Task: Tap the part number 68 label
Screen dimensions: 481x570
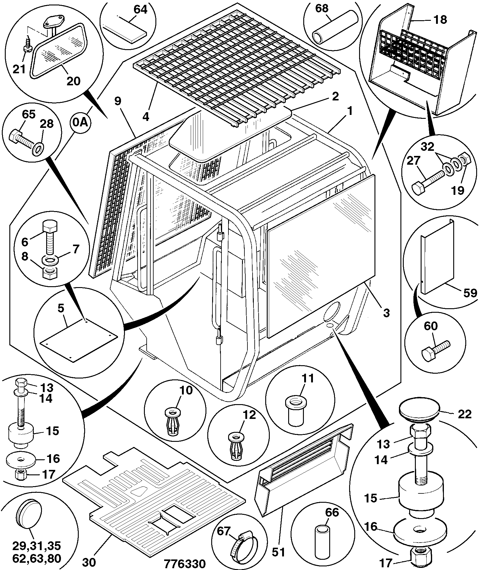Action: pyautogui.click(x=322, y=8)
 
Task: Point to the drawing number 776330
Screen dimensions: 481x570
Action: pyautogui.click(x=185, y=563)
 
